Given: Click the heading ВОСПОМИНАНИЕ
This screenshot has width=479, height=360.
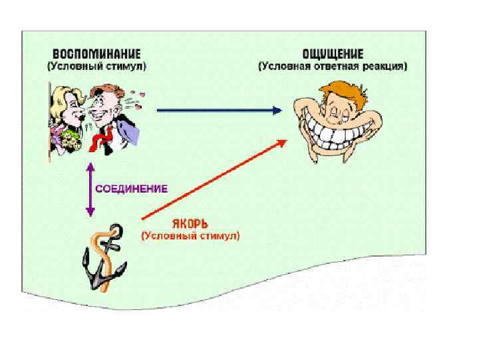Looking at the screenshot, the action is (x=97, y=55).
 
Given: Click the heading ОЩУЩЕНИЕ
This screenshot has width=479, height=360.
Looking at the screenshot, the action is (x=333, y=55).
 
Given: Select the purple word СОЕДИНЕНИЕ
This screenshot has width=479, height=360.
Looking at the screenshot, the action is (x=132, y=189).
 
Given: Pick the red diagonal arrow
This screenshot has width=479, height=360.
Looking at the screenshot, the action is (x=213, y=180).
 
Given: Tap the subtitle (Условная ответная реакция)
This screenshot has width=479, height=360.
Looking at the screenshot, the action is (x=333, y=67).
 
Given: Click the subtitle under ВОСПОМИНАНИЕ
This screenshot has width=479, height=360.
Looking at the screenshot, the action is (x=97, y=67).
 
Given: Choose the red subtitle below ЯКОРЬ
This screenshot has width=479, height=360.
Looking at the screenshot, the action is (x=190, y=235).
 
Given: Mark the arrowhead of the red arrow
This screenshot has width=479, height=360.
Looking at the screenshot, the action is (x=283, y=142).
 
